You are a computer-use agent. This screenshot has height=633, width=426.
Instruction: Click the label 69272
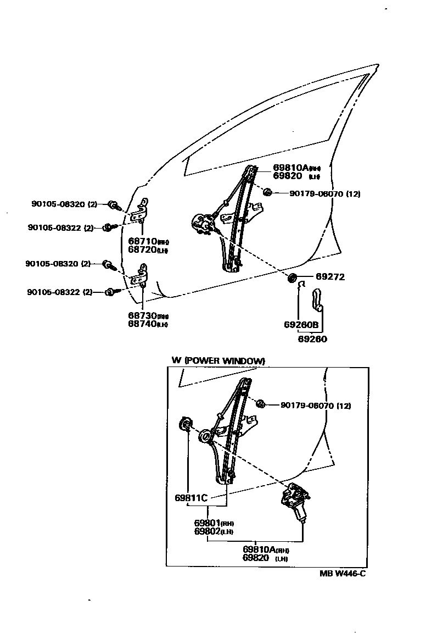[x=330, y=277]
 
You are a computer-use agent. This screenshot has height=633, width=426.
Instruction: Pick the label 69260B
[x=301, y=325]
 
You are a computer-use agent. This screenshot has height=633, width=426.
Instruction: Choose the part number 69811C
[x=191, y=498]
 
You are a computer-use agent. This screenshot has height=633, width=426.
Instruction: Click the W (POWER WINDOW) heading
[x=218, y=360]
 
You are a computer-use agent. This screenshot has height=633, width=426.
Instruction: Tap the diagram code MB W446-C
[x=343, y=573]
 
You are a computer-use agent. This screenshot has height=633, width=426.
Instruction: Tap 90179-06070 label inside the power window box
[x=316, y=406]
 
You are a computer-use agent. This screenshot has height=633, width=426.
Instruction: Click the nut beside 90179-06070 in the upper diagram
[x=268, y=192]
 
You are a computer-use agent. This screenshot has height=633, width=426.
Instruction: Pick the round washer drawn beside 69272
[x=292, y=276]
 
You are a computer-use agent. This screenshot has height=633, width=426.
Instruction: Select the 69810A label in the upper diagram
[x=290, y=167]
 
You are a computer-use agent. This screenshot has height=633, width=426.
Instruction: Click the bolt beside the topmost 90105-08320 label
[x=114, y=205]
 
